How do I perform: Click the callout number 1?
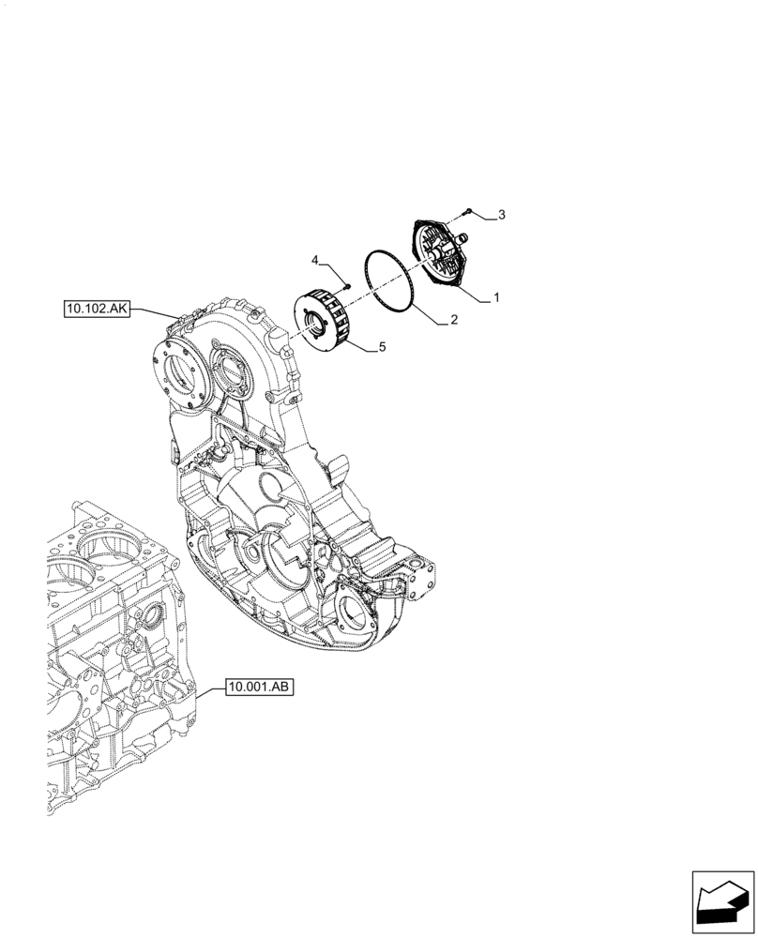496,298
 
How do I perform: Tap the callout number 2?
453,320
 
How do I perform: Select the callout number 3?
501,216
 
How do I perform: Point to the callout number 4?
316,259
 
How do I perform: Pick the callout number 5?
382,347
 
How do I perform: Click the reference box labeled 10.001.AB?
260,688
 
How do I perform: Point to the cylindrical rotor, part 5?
327,325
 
